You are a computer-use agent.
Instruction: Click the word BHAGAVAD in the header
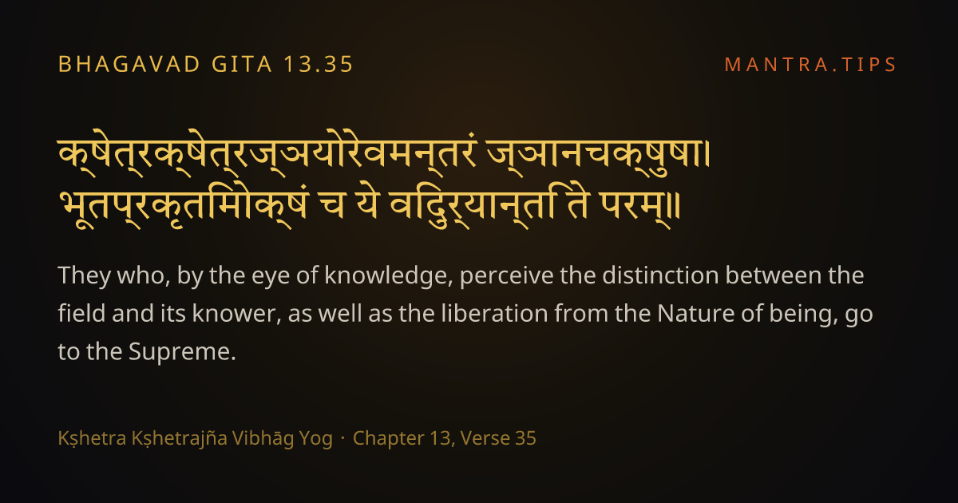pos(129,65)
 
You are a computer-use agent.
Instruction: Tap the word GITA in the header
pos(242,65)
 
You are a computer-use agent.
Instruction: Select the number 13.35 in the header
pos(319,65)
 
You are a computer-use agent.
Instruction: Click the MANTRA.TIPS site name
pos(810,65)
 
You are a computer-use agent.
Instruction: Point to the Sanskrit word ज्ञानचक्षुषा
pos(596,153)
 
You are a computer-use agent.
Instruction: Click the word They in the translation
pos(85,276)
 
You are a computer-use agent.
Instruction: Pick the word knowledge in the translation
pos(388,276)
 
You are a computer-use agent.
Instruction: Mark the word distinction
pos(660,275)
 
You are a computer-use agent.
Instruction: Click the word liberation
pos(494,313)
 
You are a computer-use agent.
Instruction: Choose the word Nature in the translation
pos(696,314)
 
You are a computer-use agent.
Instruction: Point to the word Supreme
pos(182,352)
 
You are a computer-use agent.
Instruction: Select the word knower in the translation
pos(236,314)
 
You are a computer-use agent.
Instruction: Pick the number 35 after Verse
pos(525,438)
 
